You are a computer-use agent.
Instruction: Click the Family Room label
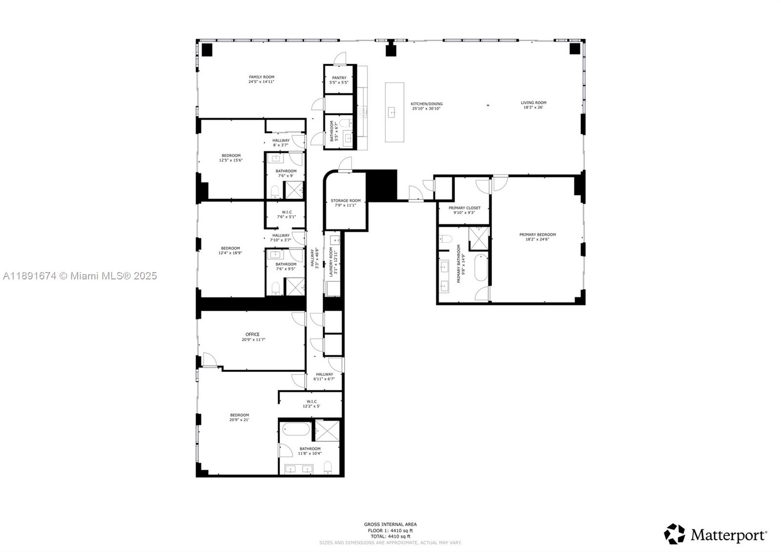(x=261, y=77)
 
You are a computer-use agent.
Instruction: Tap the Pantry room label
(x=339, y=78)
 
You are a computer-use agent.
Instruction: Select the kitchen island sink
(x=392, y=113)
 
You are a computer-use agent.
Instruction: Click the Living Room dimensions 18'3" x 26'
(x=533, y=107)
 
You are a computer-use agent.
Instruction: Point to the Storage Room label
(x=346, y=201)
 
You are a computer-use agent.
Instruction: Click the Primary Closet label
(x=464, y=208)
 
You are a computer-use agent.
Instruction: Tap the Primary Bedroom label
(x=537, y=235)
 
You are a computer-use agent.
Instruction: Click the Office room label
(x=252, y=335)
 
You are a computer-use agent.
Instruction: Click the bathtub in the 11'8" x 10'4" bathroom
(x=294, y=430)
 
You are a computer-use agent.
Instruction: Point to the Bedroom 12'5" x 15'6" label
(x=231, y=156)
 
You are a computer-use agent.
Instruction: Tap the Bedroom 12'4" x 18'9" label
(x=230, y=248)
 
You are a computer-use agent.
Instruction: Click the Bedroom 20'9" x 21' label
(x=239, y=415)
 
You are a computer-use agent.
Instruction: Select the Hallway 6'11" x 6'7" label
(x=324, y=375)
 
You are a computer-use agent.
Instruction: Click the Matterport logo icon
(x=674, y=534)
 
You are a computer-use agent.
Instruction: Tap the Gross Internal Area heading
(x=390, y=524)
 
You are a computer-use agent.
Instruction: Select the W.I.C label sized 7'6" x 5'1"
(x=286, y=212)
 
